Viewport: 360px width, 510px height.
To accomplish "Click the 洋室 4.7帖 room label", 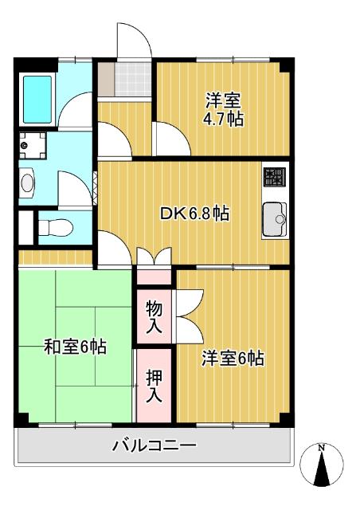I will point(224,110).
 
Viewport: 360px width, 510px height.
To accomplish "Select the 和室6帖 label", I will point(75,347).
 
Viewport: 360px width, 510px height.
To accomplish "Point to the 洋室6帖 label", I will point(232,358).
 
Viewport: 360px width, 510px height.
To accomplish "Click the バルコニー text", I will point(155,445).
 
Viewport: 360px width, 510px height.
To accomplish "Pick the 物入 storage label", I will point(154,316).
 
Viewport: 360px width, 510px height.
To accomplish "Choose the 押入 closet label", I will point(154,385).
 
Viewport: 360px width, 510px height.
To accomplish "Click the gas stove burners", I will point(274,178).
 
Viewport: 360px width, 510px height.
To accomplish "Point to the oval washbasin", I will point(28,183).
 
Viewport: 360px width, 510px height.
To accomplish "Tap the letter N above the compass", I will point(321,448).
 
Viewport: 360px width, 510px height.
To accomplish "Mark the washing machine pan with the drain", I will point(32,146).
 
